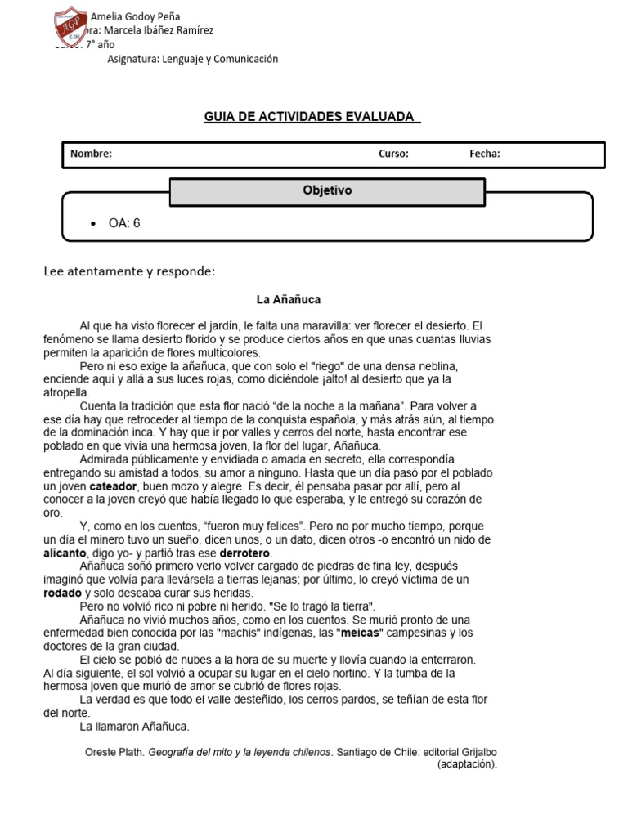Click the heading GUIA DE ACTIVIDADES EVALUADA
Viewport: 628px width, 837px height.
[312, 117]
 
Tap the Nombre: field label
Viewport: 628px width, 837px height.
[91, 154]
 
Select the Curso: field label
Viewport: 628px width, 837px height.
[392, 154]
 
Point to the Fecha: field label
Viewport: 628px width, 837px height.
[484, 154]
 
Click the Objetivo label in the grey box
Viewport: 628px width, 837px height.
[327, 190]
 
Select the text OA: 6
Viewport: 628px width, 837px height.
[124, 223]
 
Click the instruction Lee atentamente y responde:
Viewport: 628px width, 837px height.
[128, 271]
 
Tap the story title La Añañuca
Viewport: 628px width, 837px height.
[288, 300]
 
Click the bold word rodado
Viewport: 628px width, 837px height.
[62, 593]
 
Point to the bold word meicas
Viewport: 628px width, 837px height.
[360, 633]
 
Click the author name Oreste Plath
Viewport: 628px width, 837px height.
[114, 753]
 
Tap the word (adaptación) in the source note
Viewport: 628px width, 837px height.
[466, 765]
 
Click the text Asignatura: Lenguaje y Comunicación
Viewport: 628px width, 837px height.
[193, 59]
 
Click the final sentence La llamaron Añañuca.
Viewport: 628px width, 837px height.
[134, 726]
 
